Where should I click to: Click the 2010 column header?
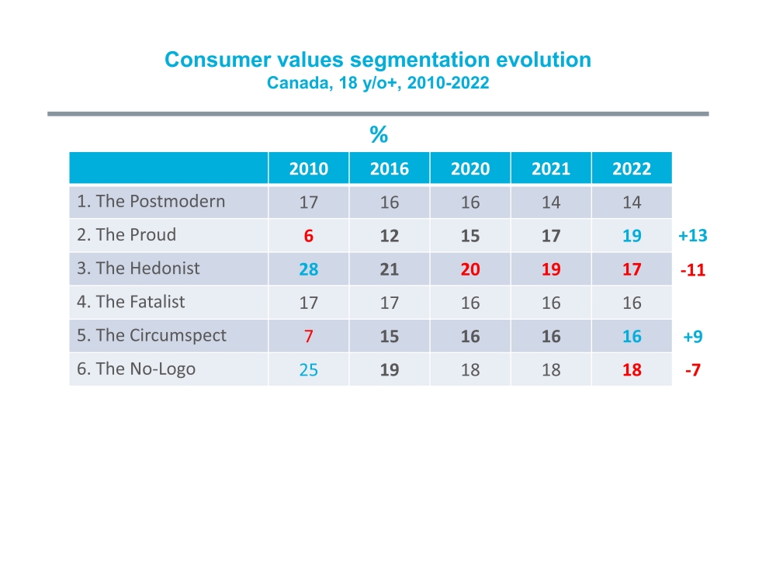tap(308, 169)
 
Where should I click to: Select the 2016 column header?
tap(390, 169)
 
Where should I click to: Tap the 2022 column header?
tap(632, 169)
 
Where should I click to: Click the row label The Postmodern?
tap(151, 202)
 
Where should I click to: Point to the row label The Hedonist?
tap(138, 268)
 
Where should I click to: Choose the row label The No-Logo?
tap(136, 369)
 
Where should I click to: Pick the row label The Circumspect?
tap(151, 336)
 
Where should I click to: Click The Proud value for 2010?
tap(308, 236)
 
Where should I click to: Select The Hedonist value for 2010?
tap(308, 269)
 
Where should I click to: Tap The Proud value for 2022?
tap(632, 236)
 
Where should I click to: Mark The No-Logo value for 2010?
tap(308, 370)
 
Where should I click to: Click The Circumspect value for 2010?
tap(308, 337)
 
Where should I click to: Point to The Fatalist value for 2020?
tap(470, 303)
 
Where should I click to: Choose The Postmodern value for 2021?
tap(551, 203)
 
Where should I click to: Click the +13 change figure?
tap(692, 236)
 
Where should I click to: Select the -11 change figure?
tap(692, 270)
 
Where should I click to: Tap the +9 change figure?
tap(692, 337)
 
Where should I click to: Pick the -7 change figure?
tap(692, 370)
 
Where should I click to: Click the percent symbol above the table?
tap(379, 136)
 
